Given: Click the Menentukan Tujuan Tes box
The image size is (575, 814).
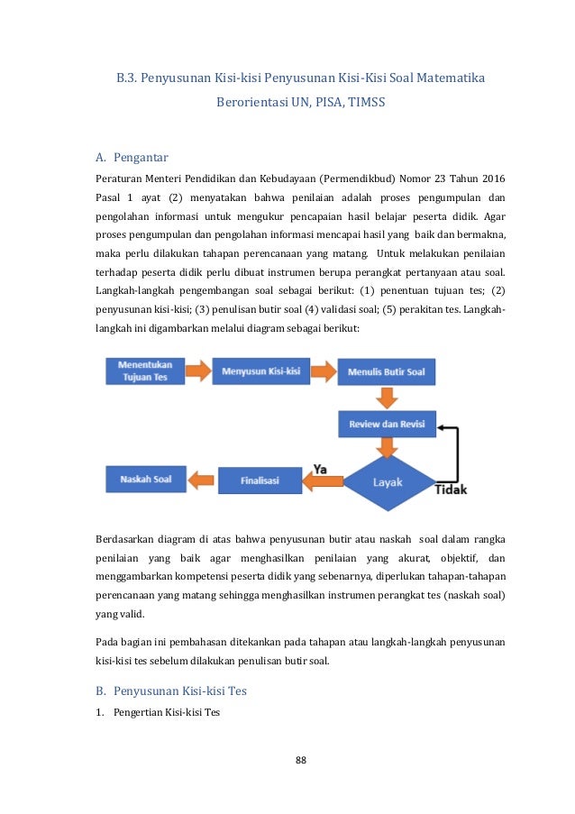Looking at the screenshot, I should coord(145,371).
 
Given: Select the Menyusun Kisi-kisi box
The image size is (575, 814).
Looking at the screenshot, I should coord(260,370).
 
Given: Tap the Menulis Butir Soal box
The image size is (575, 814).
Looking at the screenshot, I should coord(387,371).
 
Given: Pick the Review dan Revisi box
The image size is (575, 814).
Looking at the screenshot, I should coord(387,424).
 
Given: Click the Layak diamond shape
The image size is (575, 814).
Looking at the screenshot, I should coord(388,482).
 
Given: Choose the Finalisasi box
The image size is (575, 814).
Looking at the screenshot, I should coord(260,480).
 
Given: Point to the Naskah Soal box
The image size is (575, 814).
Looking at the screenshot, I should coord(145,479).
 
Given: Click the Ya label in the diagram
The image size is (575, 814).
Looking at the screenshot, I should coord(320,469).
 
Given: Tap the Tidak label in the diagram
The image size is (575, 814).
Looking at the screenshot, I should coord(451,490).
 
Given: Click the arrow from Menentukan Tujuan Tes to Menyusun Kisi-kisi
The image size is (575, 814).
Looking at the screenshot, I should coord(198,370).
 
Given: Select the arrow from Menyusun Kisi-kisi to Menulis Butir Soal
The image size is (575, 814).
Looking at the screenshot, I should coord(324,370).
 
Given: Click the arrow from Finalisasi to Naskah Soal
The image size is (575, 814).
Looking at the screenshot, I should coord(202,480).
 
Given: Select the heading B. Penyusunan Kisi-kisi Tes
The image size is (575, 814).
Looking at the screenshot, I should coord(171,691).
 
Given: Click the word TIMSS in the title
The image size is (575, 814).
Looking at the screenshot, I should coord(364,102).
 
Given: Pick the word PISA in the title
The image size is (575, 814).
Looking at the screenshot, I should coord(320,102).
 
